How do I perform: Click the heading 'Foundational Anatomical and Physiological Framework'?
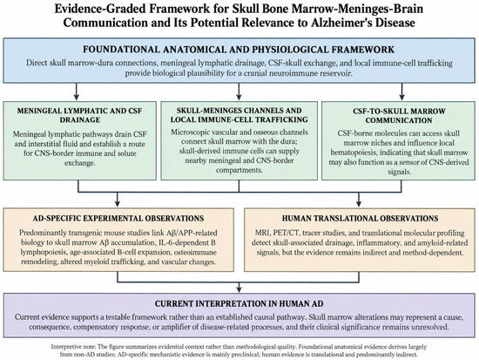[x=239, y=50]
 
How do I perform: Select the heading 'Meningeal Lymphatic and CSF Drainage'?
[x=80, y=115]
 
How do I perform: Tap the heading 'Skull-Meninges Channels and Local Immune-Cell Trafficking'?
[x=239, y=115]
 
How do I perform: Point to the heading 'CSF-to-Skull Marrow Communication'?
[x=399, y=116]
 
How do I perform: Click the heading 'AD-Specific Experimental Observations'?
[x=118, y=219]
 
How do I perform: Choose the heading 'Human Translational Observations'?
[x=360, y=219]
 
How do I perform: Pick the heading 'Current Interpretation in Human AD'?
[x=239, y=303]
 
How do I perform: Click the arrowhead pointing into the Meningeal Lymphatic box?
[x=77, y=97]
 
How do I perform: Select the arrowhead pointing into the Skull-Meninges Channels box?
[x=239, y=97]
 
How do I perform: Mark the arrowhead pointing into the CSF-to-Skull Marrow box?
[x=401, y=97]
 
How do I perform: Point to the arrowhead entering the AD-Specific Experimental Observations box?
[x=118, y=203]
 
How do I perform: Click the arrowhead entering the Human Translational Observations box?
[x=359, y=203]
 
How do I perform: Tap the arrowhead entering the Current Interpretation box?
[x=239, y=289]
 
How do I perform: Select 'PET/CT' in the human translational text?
[x=289, y=233]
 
